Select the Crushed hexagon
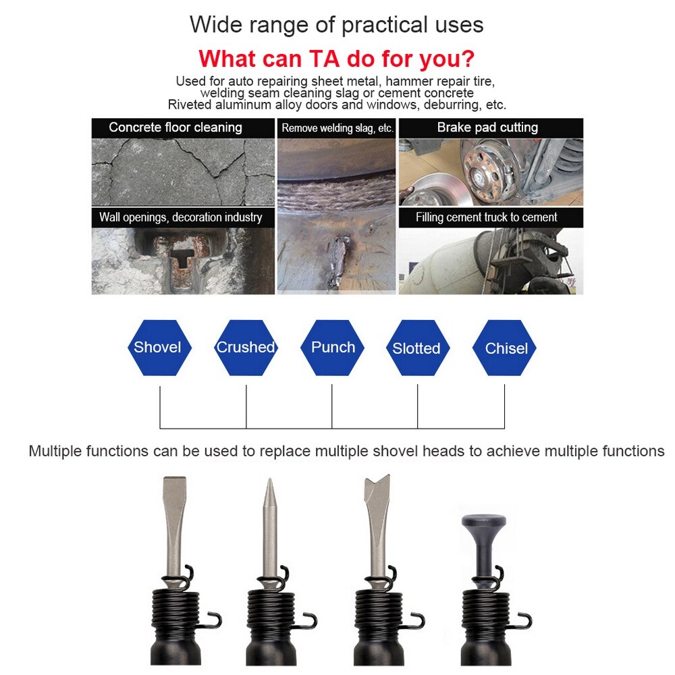[x=246, y=348]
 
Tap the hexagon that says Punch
[x=332, y=348]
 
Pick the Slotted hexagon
[x=416, y=348]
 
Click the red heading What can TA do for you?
[x=336, y=58]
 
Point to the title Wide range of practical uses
[x=336, y=25]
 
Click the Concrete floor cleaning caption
[x=175, y=128]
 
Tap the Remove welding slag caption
[x=337, y=128]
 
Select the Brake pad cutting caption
[x=487, y=128]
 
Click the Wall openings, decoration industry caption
[x=180, y=217]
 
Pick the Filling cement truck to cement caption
[x=486, y=217]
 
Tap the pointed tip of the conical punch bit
[x=268, y=483]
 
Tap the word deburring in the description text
[x=443, y=105]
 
